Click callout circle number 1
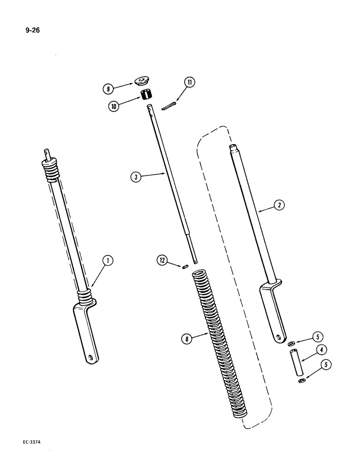click(107, 261)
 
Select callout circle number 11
click(190, 83)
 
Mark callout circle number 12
click(162, 262)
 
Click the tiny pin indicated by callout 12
click(184, 267)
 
